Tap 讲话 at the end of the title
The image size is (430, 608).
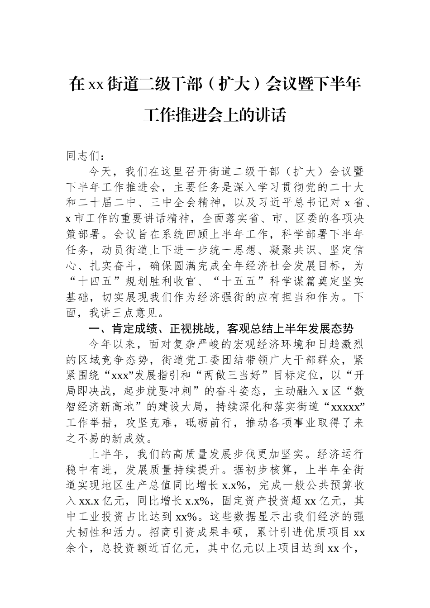tap(270, 115)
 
